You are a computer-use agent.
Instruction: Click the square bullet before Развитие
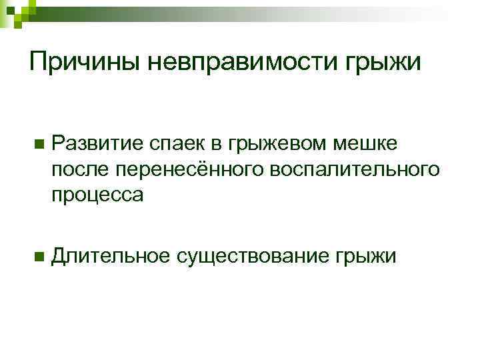tap(39, 143)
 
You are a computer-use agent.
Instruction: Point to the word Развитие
tap(97, 142)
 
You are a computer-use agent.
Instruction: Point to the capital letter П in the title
tap(39, 63)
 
